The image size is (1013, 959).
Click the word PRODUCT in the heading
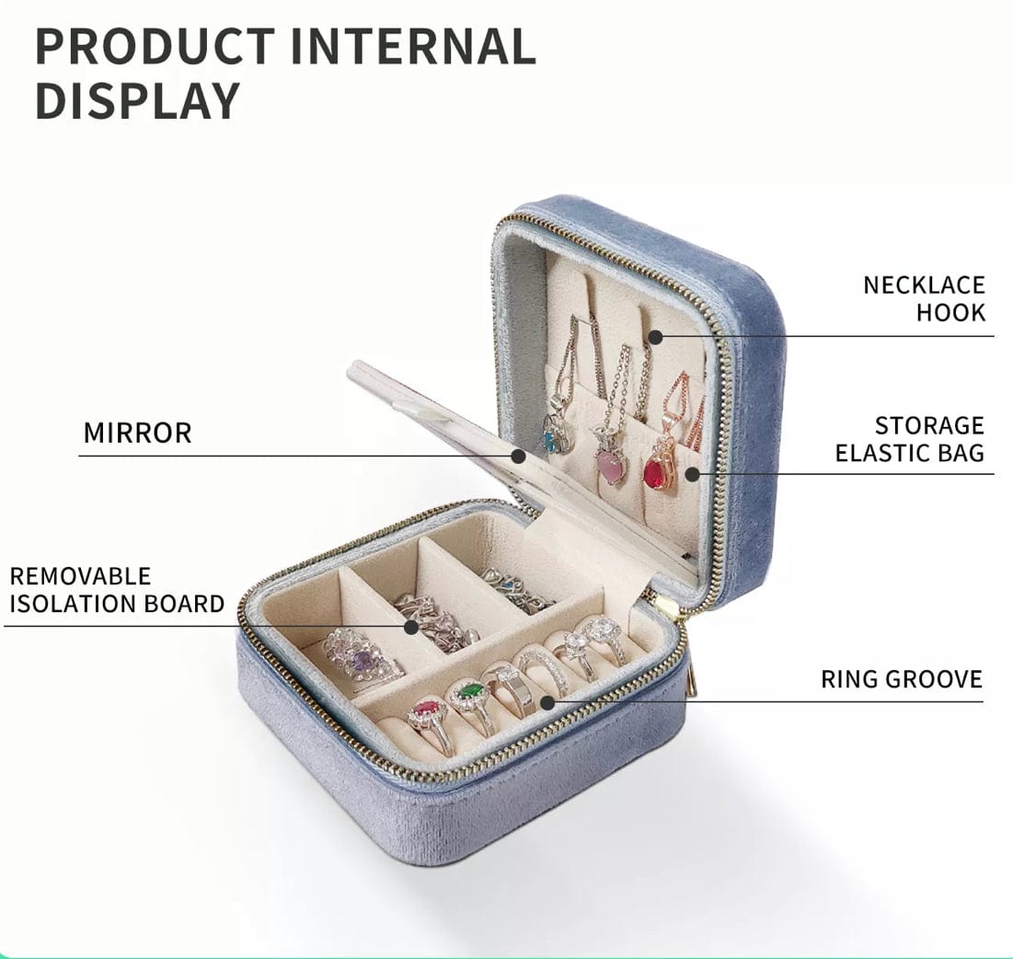click(x=155, y=46)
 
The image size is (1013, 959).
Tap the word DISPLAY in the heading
click(x=137, y=101)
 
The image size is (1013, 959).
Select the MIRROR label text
click(x=138, y=433)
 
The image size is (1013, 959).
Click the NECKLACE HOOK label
click(x=924, y=298)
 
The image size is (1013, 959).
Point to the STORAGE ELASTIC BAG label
click(x=910, y=439)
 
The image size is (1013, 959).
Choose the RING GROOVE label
click(x=902, y=679)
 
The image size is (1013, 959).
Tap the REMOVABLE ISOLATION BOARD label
click(x=117, y=590)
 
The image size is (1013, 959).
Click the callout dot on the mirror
click(x=518, y=456)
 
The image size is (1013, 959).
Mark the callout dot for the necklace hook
click(x=655, y=337)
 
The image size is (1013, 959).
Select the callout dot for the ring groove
click(x=547, y=702)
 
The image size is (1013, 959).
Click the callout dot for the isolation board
click(x=411, y=626)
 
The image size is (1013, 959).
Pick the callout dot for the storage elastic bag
click(x=692, y=474)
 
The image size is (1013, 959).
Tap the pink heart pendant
click(x=609, y=466)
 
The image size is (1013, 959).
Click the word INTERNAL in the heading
click(x=413, y=46)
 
